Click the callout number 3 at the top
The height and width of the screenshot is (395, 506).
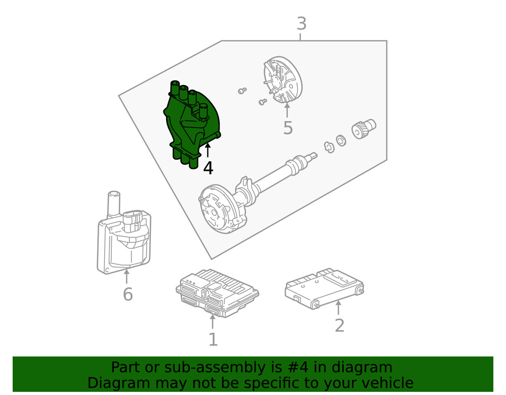(302, 24)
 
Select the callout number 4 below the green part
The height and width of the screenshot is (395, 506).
(208, 168)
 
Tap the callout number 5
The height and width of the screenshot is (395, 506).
(288, 127)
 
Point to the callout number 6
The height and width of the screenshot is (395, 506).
(128, 294)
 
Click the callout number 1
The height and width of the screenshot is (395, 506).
(213, 339)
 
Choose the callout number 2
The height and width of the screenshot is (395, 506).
(339, 325)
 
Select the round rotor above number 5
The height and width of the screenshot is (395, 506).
(283, 80)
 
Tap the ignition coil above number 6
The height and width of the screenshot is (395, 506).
(124, 233)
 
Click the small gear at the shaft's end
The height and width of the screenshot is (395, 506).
(364, 128)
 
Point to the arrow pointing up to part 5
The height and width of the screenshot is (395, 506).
(287, 110)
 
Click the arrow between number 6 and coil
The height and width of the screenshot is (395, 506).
(126, 276)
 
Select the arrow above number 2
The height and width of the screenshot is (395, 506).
(338, 308)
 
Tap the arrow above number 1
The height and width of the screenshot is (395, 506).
(213, 322)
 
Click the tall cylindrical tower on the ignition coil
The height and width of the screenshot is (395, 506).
(113, 205)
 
